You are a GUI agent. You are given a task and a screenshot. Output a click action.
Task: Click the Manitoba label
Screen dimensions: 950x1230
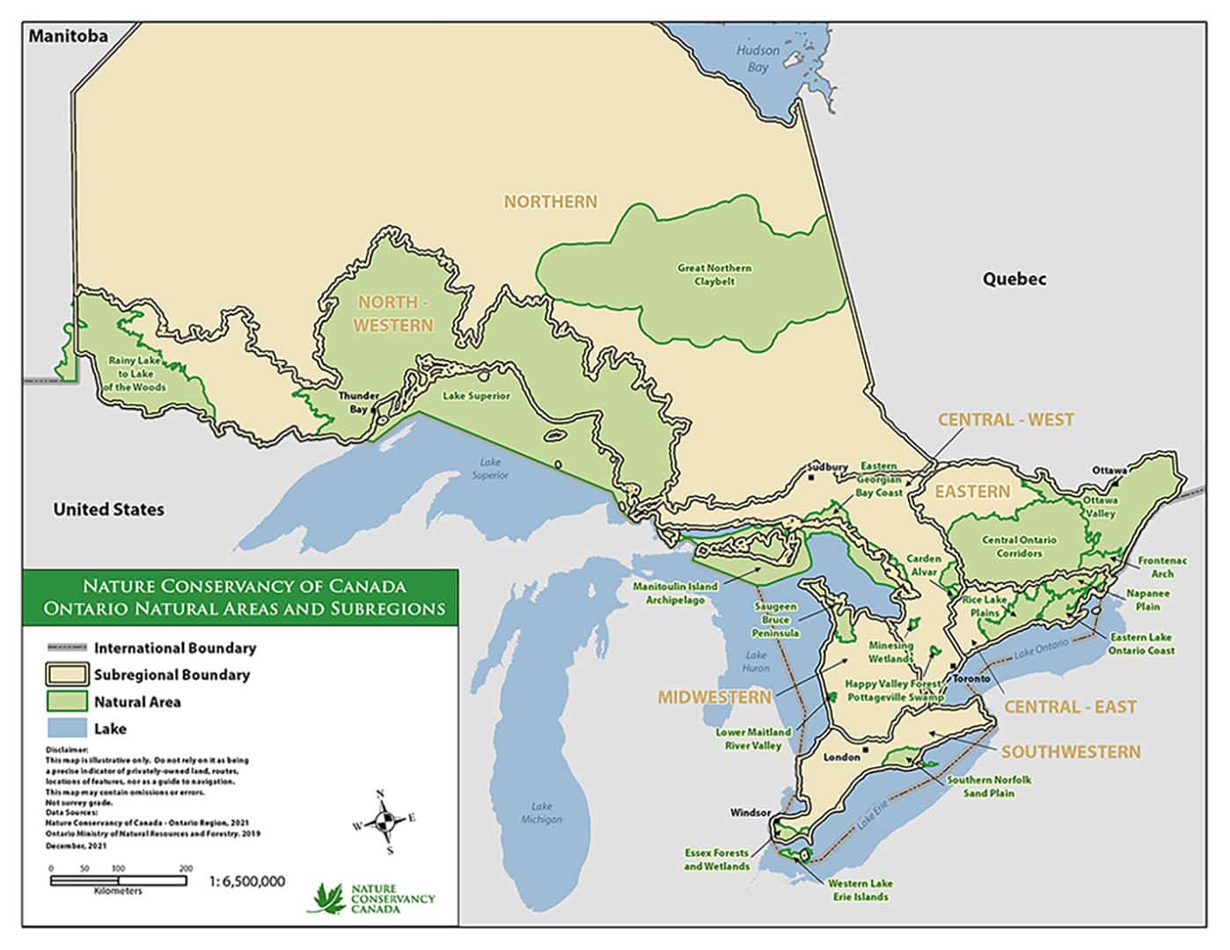coord(68,36)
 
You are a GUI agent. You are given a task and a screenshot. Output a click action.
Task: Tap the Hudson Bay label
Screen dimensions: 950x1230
coord(758,58)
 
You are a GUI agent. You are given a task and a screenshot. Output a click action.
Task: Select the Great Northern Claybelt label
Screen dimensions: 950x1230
coord(714,274)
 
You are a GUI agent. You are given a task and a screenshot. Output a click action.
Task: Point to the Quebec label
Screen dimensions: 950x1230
coord(1014,279)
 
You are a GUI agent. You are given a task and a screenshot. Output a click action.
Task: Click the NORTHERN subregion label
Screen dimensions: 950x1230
coord(550,201)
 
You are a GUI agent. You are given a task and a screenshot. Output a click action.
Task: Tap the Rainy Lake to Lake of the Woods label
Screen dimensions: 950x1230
coord(135,374)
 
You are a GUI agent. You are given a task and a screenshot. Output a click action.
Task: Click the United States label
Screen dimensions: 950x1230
coord(108,509)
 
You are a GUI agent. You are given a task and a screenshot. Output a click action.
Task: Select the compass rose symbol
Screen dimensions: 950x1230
coord(384,822)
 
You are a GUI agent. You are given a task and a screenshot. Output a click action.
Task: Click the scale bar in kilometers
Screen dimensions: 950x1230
coord(118,880)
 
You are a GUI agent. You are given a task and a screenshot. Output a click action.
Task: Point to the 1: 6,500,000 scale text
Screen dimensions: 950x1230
coord(247,881)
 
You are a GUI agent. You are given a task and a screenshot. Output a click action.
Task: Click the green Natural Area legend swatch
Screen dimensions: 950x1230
coord(67,701)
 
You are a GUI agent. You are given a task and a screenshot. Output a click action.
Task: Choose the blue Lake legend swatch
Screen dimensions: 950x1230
coord(67,728)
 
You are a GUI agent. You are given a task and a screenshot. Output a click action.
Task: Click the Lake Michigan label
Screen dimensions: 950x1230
coord(541,813)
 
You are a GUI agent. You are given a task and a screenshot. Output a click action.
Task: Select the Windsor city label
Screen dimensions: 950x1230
coord(750,813)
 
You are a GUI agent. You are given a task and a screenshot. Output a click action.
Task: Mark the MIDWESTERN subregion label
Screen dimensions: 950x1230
coord(714,697)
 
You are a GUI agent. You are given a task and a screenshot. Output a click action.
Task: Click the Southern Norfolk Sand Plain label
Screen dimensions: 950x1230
coord(989,786)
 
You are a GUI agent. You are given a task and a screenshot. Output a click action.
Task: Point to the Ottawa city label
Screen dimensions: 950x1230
coord(1109,471)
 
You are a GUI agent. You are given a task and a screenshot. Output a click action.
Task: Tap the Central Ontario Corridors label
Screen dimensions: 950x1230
coord(1019,546)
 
